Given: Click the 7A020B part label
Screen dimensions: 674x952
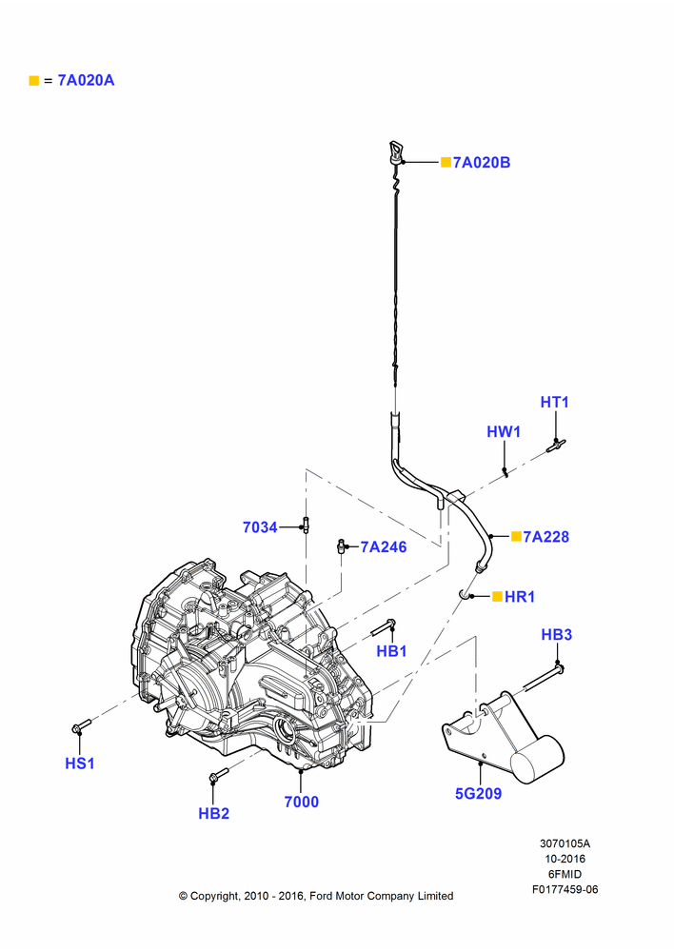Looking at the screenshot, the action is pyautogui.click(x=482, y=163).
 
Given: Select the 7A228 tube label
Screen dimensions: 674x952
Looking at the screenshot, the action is pyautogui.click(x=545, y=537).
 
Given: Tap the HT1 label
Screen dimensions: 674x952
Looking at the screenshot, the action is pyautogui.click(x=554, y=402).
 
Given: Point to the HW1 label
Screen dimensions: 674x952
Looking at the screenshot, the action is pyautogui.click(x=504, y=431).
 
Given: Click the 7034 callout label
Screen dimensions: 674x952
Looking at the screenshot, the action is pyautogui.click(x=260, y=527).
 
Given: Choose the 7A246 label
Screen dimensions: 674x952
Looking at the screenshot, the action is pyautogui.click(x=383, y=547).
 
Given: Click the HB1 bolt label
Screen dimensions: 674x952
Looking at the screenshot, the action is pyautogui.click(x=391, y=651).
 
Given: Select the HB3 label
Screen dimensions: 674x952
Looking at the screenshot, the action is pyautogui.click(x=556, y=634).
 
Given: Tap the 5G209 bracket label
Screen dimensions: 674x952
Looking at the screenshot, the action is pyautogui.click(x=479, y=794).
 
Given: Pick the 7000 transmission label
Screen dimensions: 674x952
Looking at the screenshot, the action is pyautogui.click(x=301, y=802).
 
